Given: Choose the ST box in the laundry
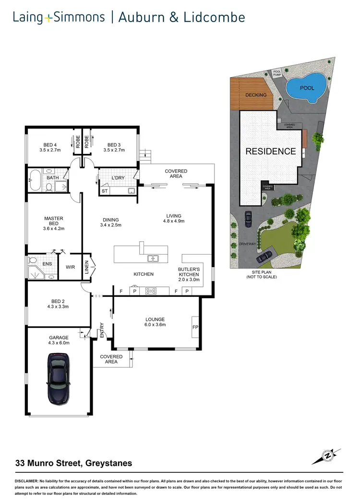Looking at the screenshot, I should click(104, 191).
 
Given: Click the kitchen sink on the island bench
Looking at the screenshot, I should click(153, 258).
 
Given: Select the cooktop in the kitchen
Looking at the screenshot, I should click(152, 291).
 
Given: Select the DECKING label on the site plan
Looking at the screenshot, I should click(256, 95).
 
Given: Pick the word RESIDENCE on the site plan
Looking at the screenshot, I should click(271, 151).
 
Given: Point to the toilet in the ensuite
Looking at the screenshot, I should click(33, 260).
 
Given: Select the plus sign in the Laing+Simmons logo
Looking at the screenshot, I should click(48, 18).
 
